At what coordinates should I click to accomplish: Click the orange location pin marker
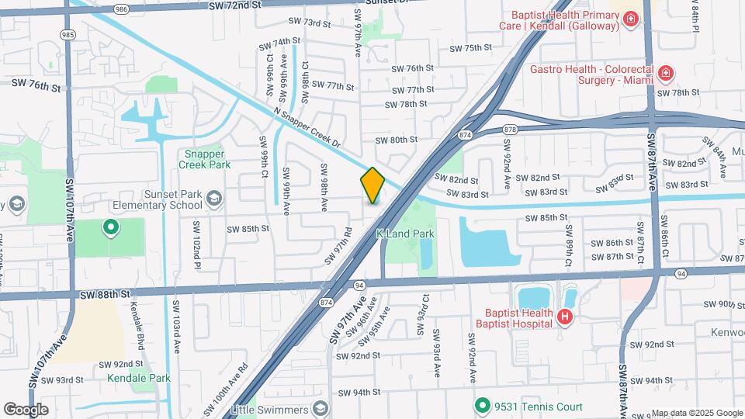(x=372, y=185)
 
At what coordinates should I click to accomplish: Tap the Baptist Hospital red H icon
(x=565, y=317)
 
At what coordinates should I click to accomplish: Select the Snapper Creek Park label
(x=205, y=159)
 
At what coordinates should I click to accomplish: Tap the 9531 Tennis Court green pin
(x=483, y=405)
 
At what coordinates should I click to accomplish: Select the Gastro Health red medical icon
(x=665, y=74)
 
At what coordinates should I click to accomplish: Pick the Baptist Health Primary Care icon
(x=632, y=19)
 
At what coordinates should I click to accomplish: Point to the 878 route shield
(x=509, y=129)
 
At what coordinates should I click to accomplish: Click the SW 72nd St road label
(x=234, y=5)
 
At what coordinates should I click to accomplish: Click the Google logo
(x=26, y=409)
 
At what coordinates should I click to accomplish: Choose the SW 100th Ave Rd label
(x=226, y=390)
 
